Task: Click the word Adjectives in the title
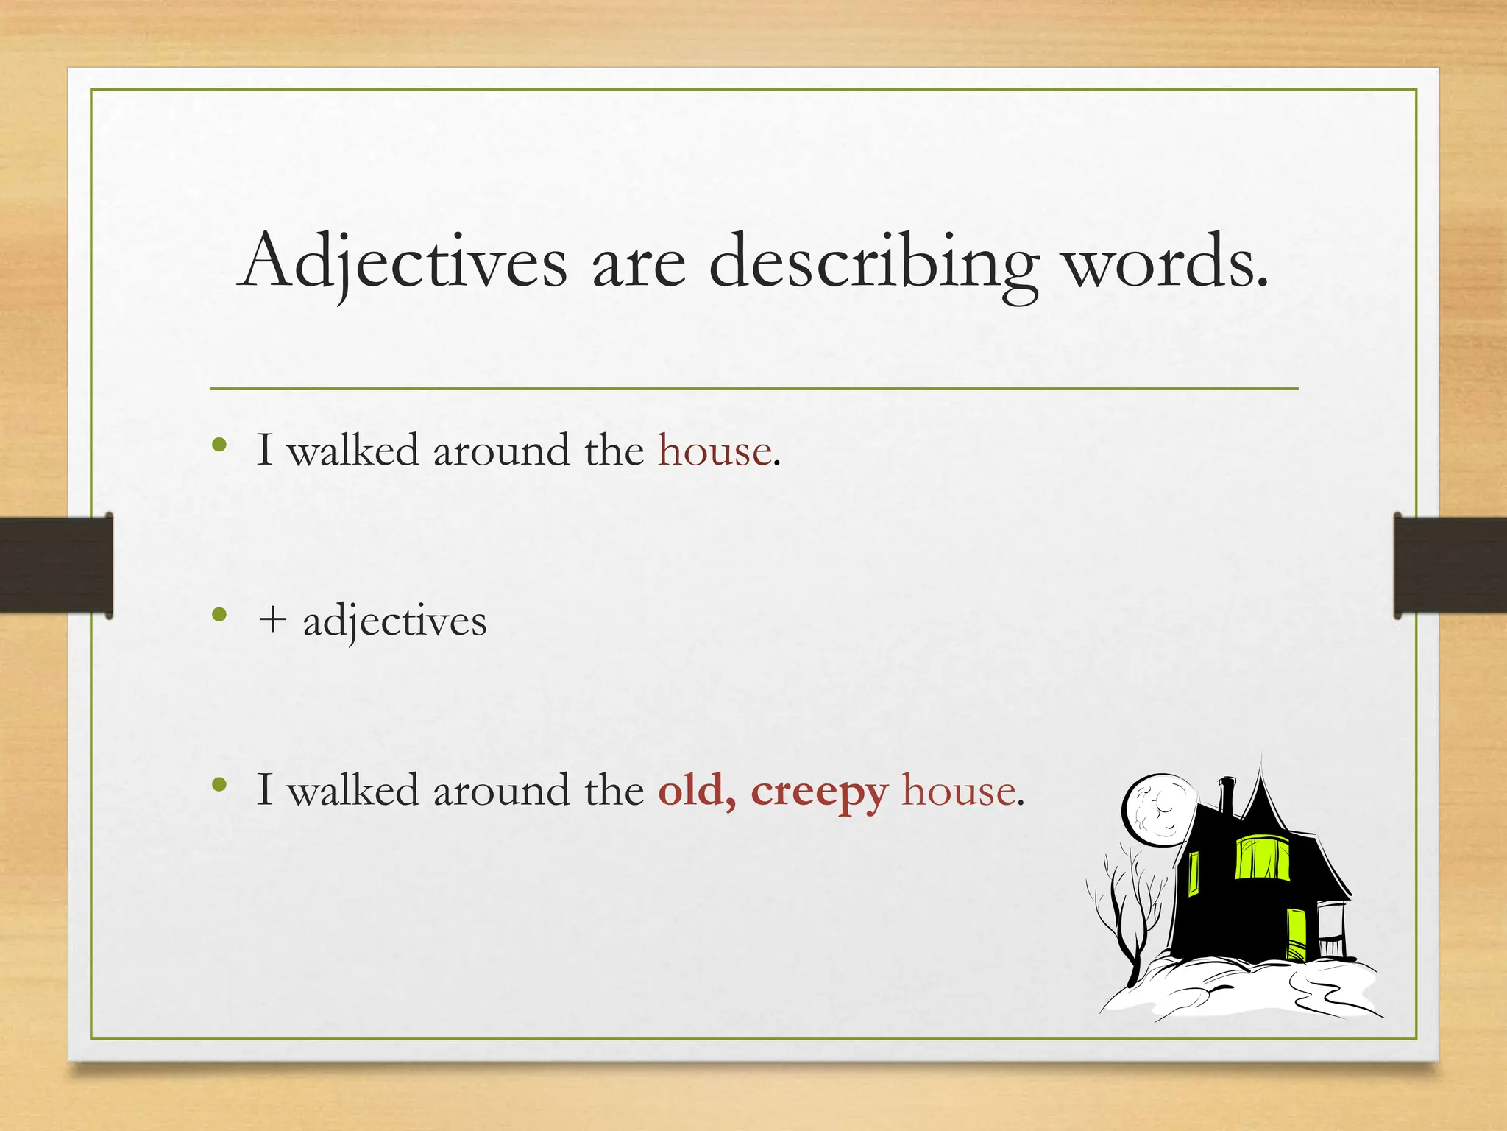click(x=404, y=262)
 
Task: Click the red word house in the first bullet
click(x=715, y=450)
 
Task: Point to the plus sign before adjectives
click(x=272, y=620)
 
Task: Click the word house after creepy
click(x=959, y=790)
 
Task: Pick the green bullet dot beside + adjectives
click(x=219, y=614)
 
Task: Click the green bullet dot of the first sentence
click(x=219, y=444)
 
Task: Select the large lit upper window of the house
click(x=1261, y=857)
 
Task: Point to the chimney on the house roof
click(x=1226, y=795)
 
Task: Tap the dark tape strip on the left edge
click(x=56, y=565)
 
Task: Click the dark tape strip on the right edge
click(x=1450, y=565)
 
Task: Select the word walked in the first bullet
click(x=352, y=450)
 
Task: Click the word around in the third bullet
click(x=500, y=790)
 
